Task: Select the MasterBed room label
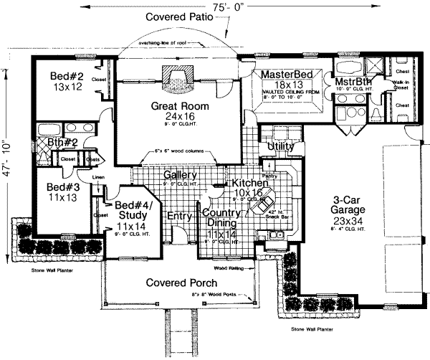[285, 75]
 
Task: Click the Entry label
[179, 216]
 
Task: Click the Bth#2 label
[62, 143]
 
